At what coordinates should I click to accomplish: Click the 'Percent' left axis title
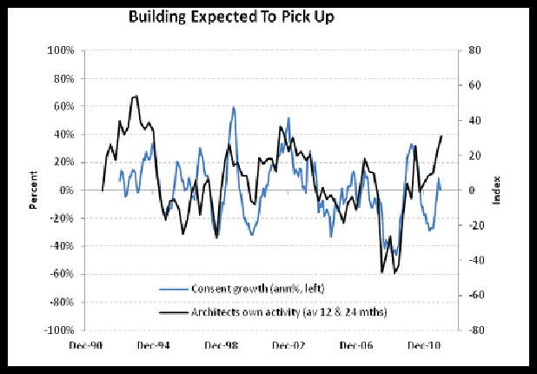[x=34, y=191]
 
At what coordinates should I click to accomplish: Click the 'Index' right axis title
[x=496, y=191]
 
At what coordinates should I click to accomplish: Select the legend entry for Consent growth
[x=249, y=288]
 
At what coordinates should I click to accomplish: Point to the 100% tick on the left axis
[x=59, y=50]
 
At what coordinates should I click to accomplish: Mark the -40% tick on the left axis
[x=60, y=246]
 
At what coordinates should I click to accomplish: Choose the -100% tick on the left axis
[x=57, y=331]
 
